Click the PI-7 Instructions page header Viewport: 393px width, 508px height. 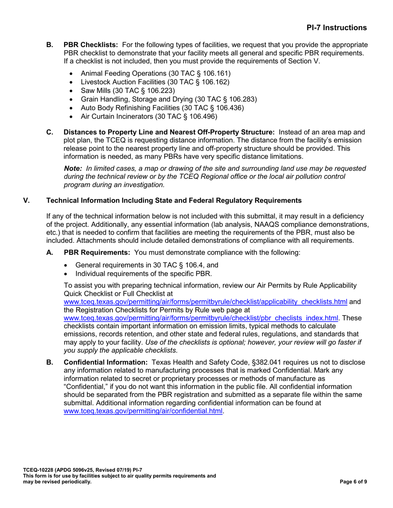336,28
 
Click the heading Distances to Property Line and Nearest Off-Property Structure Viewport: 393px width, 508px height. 169,132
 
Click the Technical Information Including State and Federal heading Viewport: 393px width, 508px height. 174,200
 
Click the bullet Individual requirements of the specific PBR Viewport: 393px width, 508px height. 144,273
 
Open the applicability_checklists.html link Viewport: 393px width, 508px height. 205,301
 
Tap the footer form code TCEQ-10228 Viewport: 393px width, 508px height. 38,470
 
